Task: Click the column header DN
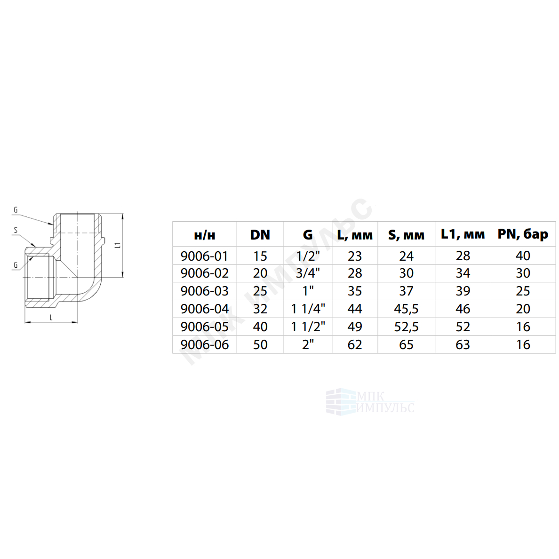click(x=260, y=235)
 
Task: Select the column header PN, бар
click(x=523, y=235)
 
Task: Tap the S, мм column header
click(x=406, y=235)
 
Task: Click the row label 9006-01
click(x=204, y=256)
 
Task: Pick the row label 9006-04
click(x=204, y=309)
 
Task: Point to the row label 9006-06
click(x=204, y=344)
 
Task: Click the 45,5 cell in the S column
click(x=406, y=309)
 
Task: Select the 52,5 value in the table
click(x=406, y=327)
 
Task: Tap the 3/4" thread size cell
click(x=308, y=273)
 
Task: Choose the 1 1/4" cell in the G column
click(x=308, y=309)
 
